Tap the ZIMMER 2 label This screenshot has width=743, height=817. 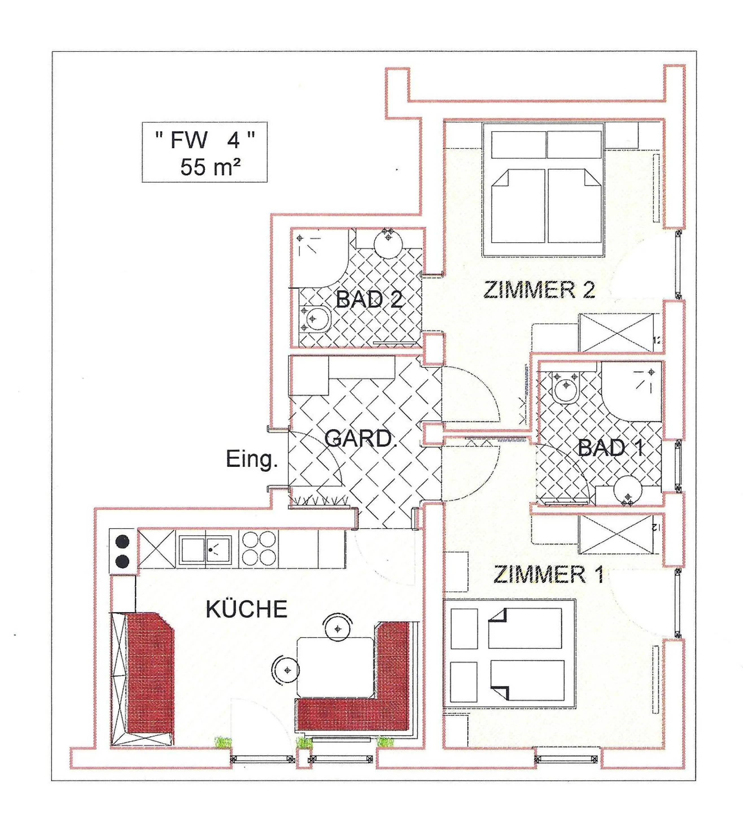point(539,290)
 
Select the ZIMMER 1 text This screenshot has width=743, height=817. point(549,575)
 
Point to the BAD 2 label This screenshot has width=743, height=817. point(369,300)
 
